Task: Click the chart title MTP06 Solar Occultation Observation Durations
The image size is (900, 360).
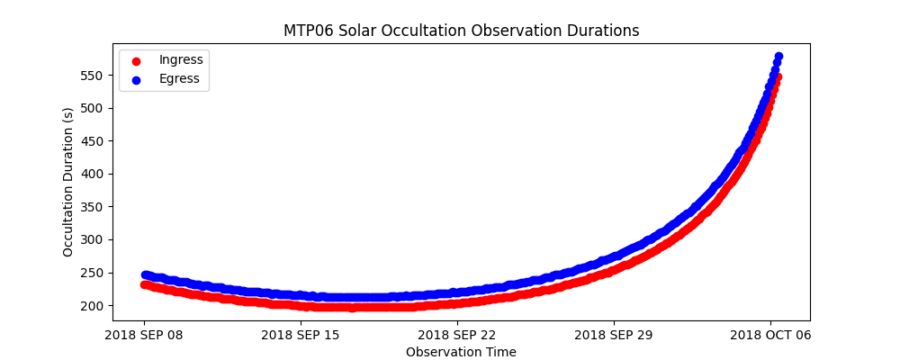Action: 461,31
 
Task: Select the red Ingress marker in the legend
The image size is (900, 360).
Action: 136,60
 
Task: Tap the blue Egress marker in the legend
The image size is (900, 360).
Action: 136,79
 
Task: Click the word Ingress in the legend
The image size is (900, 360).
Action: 181,59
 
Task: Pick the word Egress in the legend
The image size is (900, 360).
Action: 179,78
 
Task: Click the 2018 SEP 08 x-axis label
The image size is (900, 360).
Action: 144,335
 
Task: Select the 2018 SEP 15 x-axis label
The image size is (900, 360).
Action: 301,335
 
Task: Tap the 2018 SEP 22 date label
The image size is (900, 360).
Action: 457,335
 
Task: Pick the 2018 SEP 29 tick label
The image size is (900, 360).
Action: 614,335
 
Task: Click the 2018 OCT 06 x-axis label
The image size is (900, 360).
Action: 770,335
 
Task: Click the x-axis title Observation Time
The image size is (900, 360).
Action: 461,352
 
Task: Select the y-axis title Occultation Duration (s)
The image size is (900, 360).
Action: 68,182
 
